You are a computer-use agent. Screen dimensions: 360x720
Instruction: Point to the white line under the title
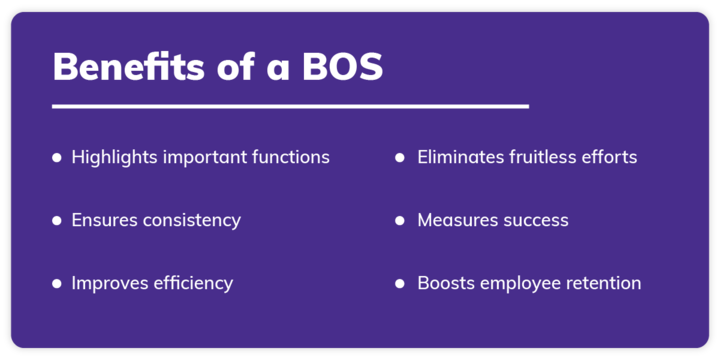point(290,105)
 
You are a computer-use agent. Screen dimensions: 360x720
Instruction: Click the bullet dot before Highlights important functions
point(56,157)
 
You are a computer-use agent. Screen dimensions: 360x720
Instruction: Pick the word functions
point(291,157)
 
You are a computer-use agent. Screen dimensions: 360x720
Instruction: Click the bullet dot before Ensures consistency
point(56,220)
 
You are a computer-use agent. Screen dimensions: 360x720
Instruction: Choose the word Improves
point(108,283)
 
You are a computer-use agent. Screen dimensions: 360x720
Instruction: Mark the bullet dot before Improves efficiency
point(56,283)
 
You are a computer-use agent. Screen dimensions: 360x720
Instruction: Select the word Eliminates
point(461,157)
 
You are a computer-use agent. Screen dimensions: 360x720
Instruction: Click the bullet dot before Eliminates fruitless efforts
point(400,157)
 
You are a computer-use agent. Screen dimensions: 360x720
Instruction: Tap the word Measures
point(456,220)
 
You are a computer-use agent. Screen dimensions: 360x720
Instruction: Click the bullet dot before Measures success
point(400,220)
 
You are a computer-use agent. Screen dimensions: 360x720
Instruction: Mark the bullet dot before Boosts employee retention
point(400,283)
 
